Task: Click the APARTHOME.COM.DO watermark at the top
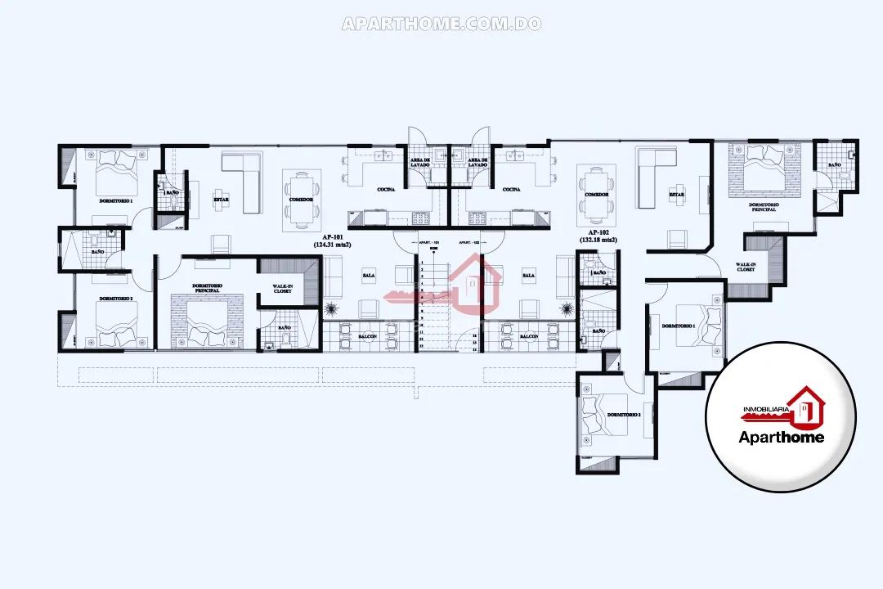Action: (441, 24)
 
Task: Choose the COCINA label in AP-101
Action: (387, 190)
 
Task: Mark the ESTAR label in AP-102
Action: (676, 195)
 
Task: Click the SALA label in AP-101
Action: (368, 276)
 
